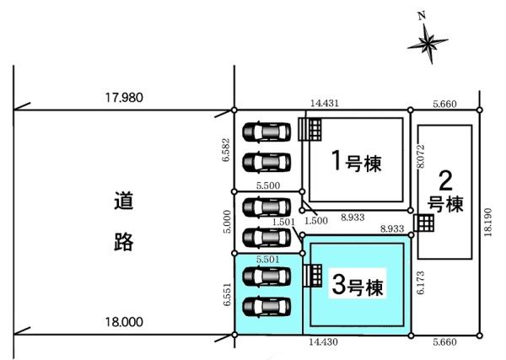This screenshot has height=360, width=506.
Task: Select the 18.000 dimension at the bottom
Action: coord(124,321)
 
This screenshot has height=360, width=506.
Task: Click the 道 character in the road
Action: coord(125,202)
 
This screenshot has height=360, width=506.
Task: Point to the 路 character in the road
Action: coord(125,242)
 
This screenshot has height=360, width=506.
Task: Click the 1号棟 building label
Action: coord(354,161)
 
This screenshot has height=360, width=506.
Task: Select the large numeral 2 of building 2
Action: coord(446,180)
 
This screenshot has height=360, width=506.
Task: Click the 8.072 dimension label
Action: coord(420,155)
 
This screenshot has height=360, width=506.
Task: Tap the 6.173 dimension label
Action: coord(419,282)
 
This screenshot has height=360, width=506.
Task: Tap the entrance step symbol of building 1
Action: coord(310,129)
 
